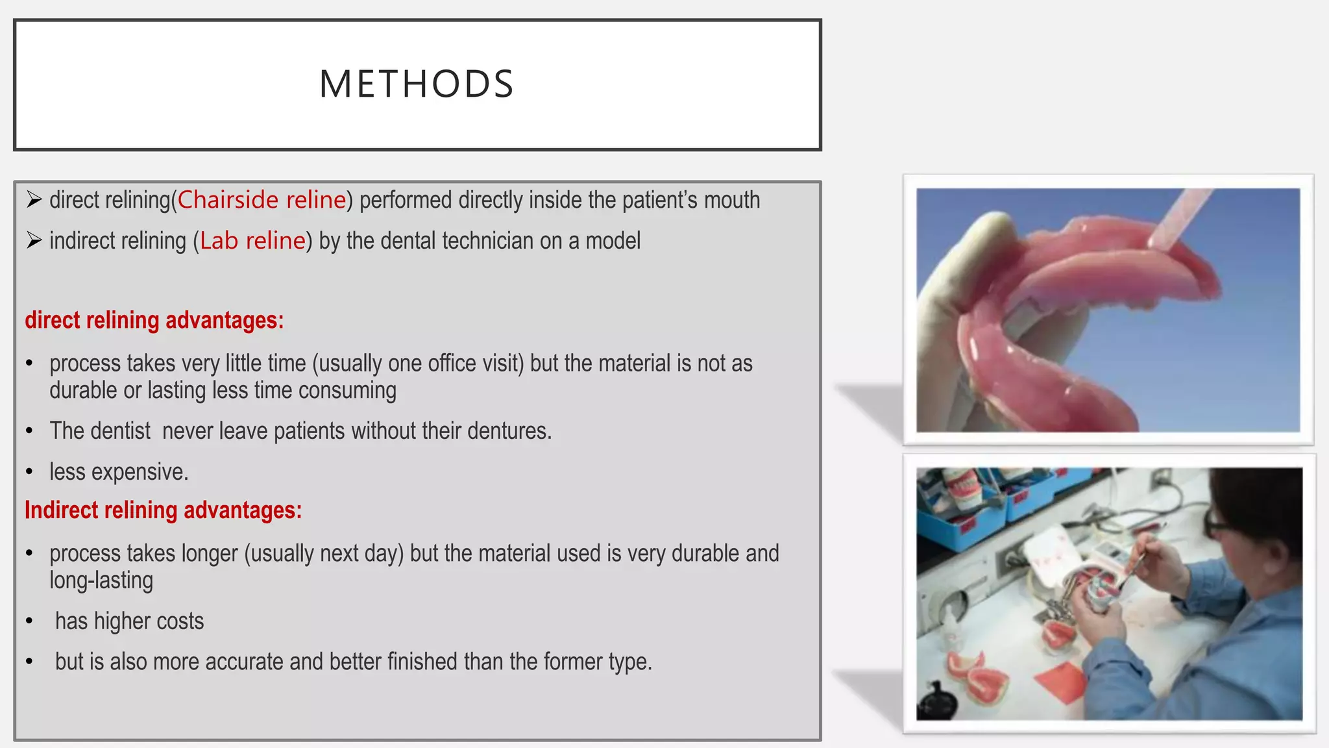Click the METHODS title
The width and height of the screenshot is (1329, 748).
[417, 84]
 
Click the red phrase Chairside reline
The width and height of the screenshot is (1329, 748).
[262, 200]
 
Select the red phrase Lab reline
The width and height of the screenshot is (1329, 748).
[252, 241]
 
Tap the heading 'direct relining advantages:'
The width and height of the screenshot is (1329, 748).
[154, 320]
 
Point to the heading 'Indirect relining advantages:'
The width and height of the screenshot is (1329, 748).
[164, 510]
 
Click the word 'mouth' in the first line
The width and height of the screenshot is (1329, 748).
[731, 200]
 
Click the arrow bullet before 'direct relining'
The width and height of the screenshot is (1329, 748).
[34, 200]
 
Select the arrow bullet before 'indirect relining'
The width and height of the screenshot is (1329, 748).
[34, 241]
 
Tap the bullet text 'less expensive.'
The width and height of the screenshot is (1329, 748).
[119, 472]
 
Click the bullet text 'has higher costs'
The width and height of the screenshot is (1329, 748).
[129, 621]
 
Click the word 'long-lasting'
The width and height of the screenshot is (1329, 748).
[101, 580]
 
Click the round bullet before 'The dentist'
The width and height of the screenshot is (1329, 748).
[29, 431]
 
